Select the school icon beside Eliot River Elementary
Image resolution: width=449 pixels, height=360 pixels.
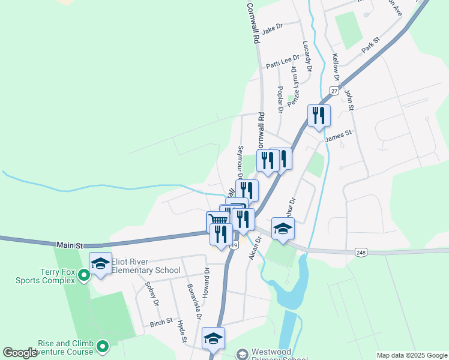(100, 263)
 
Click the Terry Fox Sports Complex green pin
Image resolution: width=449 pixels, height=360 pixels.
(84, 275)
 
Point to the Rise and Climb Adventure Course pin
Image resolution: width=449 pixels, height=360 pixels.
(103, 346)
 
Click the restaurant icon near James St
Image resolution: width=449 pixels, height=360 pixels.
(319, 115)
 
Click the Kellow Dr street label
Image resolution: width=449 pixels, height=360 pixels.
(336, 68)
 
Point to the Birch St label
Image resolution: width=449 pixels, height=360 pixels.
(161, 322)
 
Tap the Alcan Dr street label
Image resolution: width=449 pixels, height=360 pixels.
(255, 247)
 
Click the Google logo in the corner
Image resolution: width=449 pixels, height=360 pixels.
(20, 353)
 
